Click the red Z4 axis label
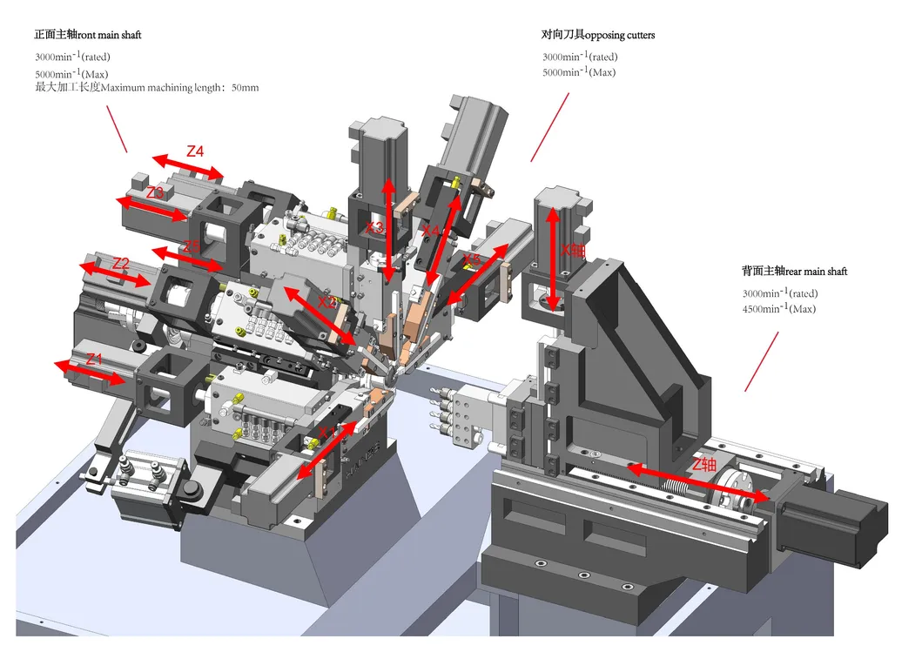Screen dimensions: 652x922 point(195,151)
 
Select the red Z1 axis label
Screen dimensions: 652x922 point(94,359)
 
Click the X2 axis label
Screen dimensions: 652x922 point(326,302)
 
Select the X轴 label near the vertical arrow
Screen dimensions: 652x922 point(575,249)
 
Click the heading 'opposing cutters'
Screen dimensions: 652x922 point(620,35)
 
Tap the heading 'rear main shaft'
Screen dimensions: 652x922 point(816,271)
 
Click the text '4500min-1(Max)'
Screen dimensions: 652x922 point(779,309)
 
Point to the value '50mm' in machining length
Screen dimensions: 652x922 point(245,88)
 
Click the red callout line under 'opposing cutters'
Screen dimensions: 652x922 point(549,127)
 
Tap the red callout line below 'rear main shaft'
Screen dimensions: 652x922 point(763,360)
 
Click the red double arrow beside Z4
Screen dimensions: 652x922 point(188,167)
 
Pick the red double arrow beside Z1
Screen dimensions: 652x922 point(90,372)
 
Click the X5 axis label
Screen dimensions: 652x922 point(472,259)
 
